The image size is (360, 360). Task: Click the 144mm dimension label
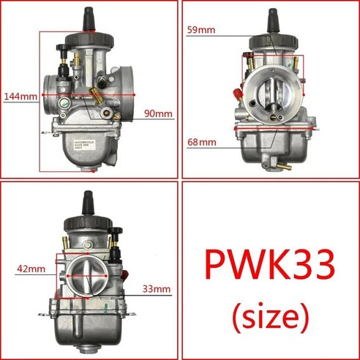click(x=20, y=96)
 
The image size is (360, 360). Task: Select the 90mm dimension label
click(x=158, y=113)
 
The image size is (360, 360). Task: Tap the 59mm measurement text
click(x=202, y=31)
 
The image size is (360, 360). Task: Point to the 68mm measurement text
click(x=202, y=140)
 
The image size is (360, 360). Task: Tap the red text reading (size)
click(x=269, y=315)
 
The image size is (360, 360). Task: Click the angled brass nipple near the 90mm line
click(x=95, y=93)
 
